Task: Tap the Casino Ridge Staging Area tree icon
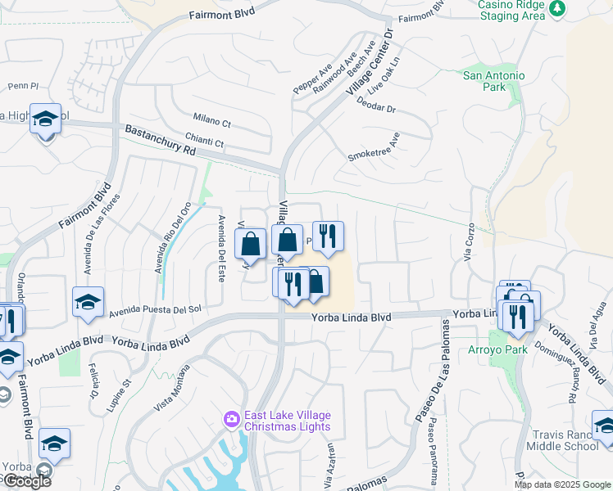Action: click(558, 8)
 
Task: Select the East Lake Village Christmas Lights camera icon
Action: click(232, 420)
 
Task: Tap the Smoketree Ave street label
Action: click(374, 151)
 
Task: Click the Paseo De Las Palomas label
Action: click(432, 370)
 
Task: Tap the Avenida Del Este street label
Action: click(220, 249)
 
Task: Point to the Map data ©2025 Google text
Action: click(561, 484)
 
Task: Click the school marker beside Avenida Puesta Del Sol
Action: click(88, 302)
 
